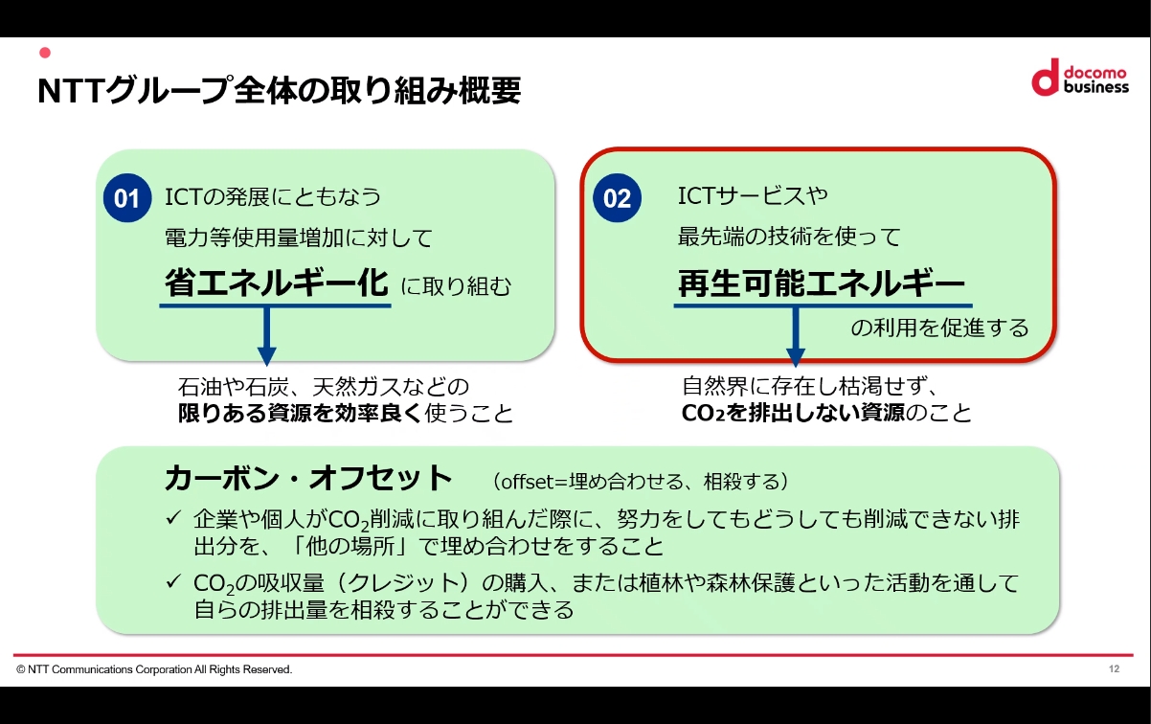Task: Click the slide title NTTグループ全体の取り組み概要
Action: pyautogui.click(x=279, y=91)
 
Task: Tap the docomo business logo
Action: pyautogui.click(x=1079, y=78)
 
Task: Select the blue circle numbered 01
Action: pyautogui.click(x=127, y=198)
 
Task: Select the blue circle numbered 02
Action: pyautogui.click(x=618, y=198)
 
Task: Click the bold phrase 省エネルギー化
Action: pyautogui.click(x=276, y=283)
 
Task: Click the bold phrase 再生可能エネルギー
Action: pyautogui.click(x=821, y=283)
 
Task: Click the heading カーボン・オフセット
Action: pyautogui.click(x=307, y=477)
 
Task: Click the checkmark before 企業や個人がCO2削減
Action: pyautogui.click(x=173, y=519)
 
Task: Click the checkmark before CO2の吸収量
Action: pyautogui.click(x=173, y=581)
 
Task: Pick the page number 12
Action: pyautogui.click(x=1114, y=668)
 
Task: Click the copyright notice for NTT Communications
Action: pyautogui.click(x=154, y=669)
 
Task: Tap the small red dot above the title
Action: pyautogui.click(x=43, y=52)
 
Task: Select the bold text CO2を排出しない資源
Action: pyautogui.click(x=793, y=414)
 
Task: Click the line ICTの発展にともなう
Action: pyautogui.click(x=274, y=197)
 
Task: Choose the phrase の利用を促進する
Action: pyautogui.click(x=939, y=328)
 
